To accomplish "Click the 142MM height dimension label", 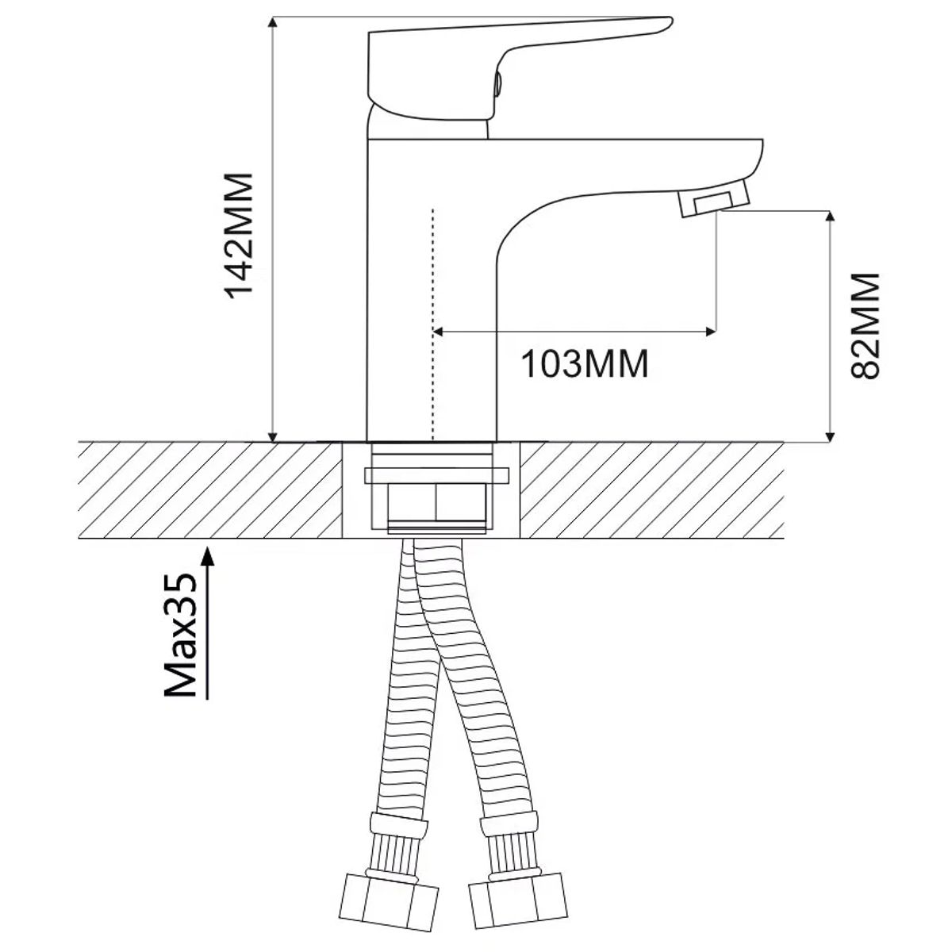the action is [239, 236].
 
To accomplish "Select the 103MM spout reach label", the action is [585, 364].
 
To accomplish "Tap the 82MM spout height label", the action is [865, 326].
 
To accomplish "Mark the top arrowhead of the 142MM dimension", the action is [272, 23].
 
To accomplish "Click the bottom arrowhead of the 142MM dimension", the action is [272, 436].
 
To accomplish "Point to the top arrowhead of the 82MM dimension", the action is [831, 218].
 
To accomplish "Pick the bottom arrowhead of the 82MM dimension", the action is [831, 436].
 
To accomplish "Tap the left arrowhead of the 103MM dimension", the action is [440, 331].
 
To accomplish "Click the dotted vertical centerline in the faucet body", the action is [433, 324].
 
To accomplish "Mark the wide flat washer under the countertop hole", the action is [436, 475].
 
